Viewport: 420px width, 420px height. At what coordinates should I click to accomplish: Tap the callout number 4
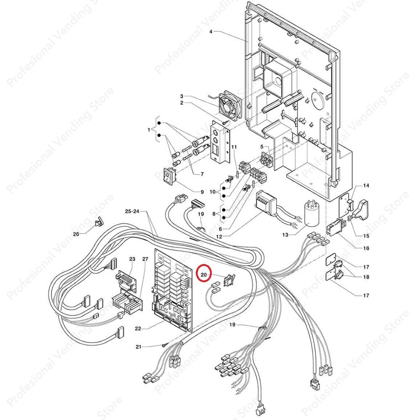click(x=211, y=31)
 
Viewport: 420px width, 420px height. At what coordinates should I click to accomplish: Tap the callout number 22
click(x=138, y=329)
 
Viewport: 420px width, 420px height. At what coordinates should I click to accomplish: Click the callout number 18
click(x=366, y=277)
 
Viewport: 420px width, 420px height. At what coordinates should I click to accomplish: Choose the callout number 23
click(x=132, y=259)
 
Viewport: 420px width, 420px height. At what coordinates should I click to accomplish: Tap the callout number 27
click(x=145, y=259)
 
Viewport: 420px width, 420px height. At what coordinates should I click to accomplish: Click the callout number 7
click(x=202, y=174)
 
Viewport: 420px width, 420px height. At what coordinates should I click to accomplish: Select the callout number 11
click(x=234, y=147)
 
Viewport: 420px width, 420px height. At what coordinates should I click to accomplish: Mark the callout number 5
click(x=262, y=147)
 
